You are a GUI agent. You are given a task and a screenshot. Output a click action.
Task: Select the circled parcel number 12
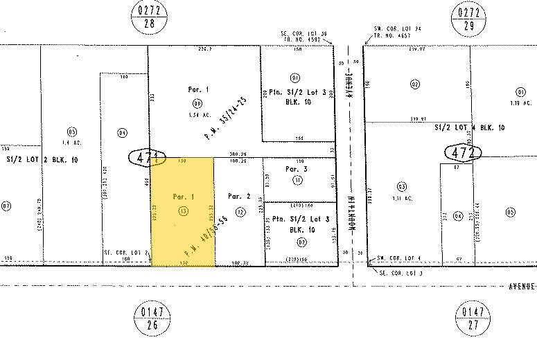[240, 213]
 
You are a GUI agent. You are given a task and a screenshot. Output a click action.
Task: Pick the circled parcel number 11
[298, 181]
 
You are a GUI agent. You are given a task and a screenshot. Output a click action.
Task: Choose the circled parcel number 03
[401, 186]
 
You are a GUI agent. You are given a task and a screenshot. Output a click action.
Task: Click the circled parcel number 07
[6, 206]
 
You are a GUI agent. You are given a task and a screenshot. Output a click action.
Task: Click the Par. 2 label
[239, 196]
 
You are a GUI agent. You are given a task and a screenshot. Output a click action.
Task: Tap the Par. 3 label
[296, 168]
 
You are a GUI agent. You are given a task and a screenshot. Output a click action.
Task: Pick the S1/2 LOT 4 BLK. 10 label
[469, 128]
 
